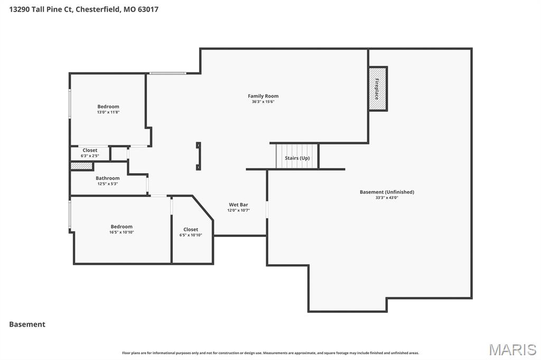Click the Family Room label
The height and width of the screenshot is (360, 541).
[263, 96]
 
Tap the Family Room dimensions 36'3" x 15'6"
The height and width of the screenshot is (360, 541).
[263, 102]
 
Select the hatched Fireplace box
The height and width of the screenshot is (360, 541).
[377, 89]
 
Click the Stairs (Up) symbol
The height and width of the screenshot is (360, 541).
[297, 157]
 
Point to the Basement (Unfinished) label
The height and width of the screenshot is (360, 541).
[387, 192]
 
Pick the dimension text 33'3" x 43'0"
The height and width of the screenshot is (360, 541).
[387, 198]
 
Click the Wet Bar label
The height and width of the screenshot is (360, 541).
[238, 205]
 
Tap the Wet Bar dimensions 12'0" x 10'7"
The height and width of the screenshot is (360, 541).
[238, 211]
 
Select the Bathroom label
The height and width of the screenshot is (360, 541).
[107, 178]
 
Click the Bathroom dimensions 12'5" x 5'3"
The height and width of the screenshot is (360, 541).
[107, 184]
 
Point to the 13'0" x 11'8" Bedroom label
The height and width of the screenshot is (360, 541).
[108, 107]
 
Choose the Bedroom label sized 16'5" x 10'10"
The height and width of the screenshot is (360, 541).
[122, 227]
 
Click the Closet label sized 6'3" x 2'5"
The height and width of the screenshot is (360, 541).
[90, 150]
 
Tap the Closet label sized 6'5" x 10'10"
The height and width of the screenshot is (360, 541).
[191, 230]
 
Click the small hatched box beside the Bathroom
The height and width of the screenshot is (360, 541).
[82, 166]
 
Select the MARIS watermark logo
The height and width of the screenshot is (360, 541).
[512, 349]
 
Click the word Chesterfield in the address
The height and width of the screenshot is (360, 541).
[99, 10]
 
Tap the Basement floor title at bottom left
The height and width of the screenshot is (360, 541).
[27, 325]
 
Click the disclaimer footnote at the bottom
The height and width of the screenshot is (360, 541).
[270, 353]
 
